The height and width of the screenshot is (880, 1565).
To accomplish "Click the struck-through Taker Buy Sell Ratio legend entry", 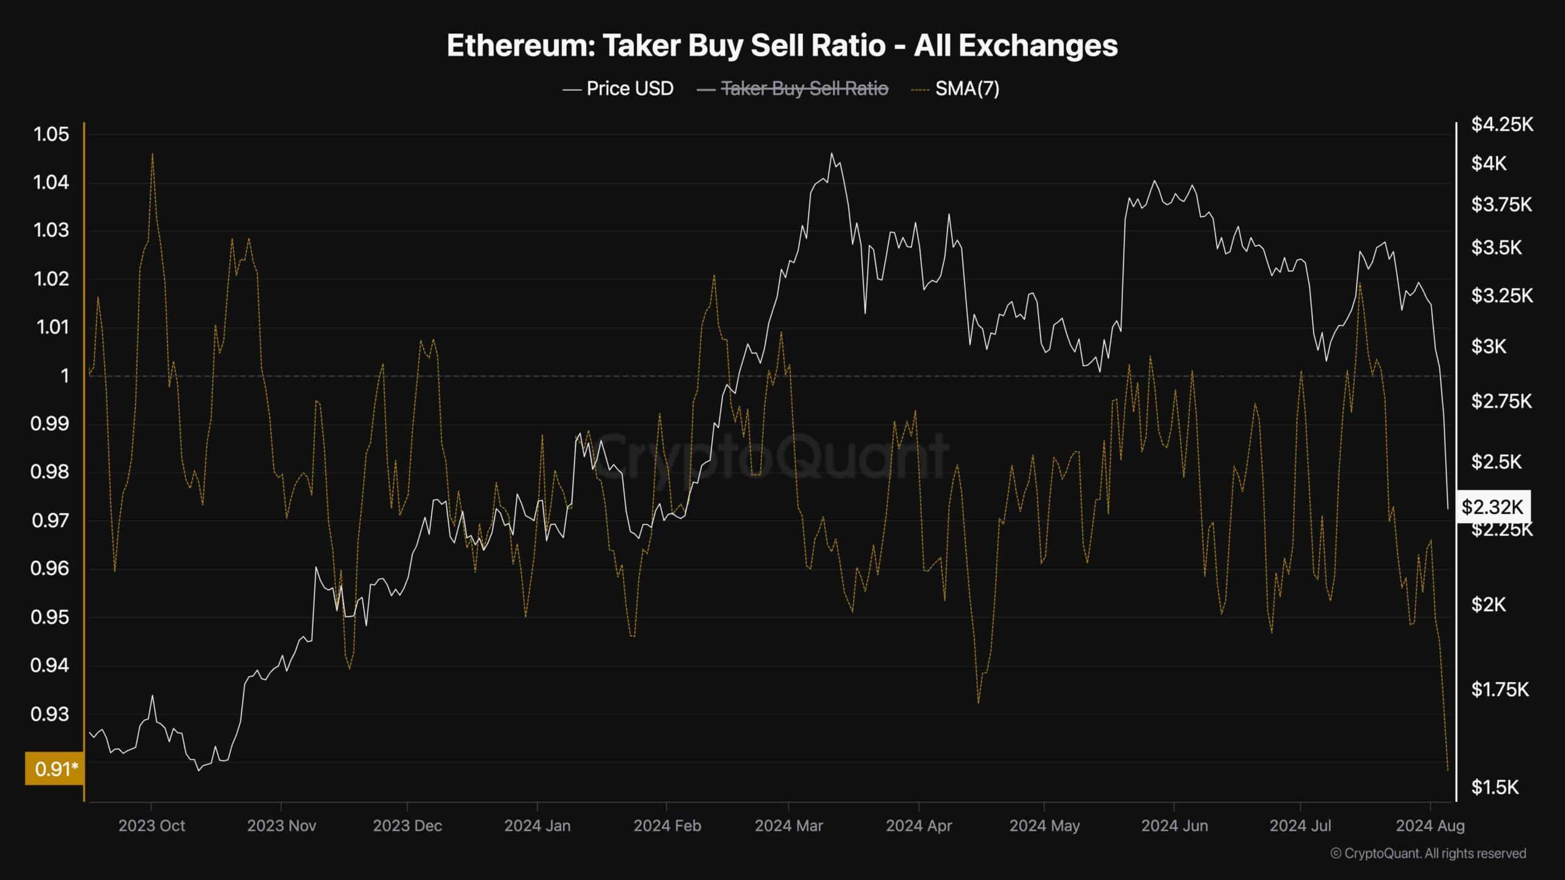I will click(805, 89).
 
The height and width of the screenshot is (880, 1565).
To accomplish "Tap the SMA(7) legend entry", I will click(967, 89).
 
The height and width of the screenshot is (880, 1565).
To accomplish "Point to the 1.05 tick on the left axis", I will click(51, 134).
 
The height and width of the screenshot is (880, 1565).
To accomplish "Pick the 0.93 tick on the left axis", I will click(51, 713).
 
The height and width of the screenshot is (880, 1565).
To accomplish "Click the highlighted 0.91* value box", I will click(54, 768).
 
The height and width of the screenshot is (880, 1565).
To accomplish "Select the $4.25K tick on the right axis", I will click(1502, 125).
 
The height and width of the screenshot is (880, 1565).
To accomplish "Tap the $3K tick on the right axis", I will click(1489, 346).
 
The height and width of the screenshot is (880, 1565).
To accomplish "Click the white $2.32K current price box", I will click(1492, 507).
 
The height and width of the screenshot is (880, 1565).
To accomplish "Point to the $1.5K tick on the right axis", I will click(1495, 787).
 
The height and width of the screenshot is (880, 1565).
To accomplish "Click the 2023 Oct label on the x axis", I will click(152, 826).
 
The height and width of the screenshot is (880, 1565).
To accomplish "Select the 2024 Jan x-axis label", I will click(537, 826).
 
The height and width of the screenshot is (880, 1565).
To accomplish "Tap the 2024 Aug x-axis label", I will click(1431, 826).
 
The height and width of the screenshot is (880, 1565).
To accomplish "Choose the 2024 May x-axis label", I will click(1044, 826).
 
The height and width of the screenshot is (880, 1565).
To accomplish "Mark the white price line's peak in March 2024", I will click(831, 153).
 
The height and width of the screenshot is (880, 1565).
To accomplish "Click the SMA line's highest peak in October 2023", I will click(152, 153).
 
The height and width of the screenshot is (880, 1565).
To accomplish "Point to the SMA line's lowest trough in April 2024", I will click(978, 703).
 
